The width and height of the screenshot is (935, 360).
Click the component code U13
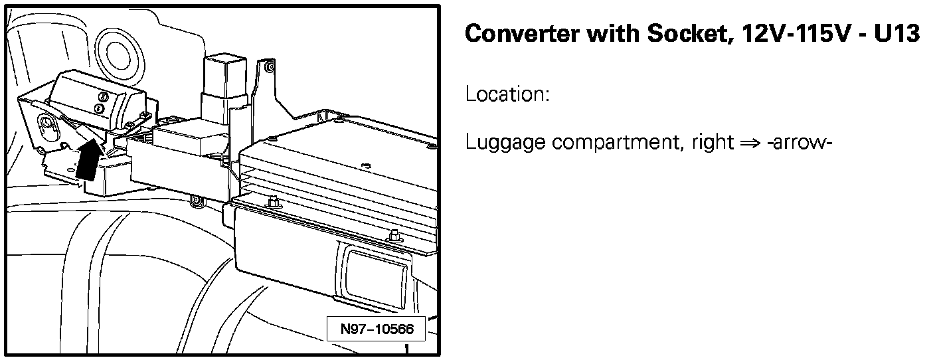point(895,34)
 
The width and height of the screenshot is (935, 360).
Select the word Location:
point(507,94)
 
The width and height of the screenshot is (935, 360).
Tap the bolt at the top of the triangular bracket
point(267,67)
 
